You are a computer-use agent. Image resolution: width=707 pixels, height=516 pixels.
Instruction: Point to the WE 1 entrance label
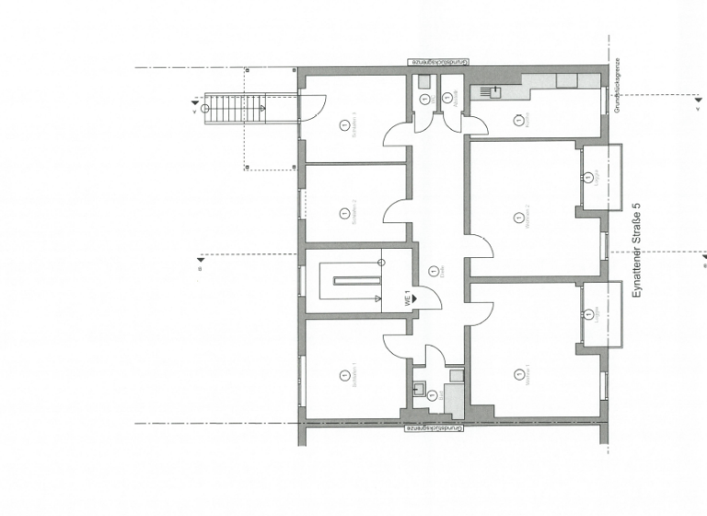coord(404,299)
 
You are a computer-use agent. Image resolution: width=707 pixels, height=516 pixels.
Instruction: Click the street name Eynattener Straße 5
coord(636,250)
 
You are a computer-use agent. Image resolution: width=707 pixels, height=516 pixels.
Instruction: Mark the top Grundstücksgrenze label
coord(440,61)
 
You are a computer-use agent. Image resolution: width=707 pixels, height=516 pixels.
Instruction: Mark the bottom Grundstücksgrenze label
coord(440,429)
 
